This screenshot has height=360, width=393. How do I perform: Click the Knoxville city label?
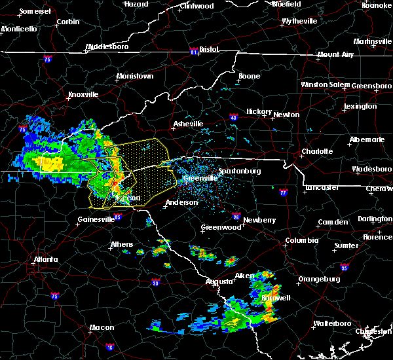pyautogui.click(x=83, y=94)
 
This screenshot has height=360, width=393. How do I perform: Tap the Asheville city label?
pyautogui.click(x=188, y=124)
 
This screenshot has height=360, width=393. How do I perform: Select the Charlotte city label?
pyautogui.click(x=317, y=152)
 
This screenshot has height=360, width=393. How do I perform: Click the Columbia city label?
pyautogui.click(x=301, y=241)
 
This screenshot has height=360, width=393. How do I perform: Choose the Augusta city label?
pyautogui.click(x=218, y=281)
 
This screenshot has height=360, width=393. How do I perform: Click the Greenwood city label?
pyautogui.click(x=221, y=227)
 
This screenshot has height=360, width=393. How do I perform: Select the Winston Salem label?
pyautogui.click(x=326, y=85)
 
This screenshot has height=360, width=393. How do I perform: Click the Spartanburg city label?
pyautogui.click(x=240, y=171)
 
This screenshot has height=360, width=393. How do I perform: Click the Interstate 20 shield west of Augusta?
pyautogui.click(x=155, y=283)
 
